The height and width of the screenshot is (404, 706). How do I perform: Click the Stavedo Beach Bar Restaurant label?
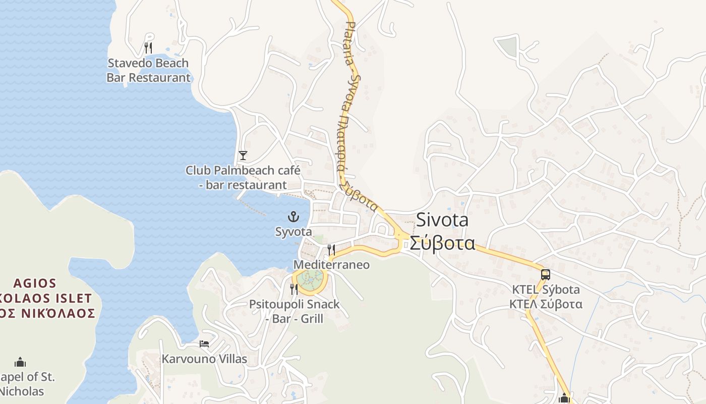pyautogui.click(x=149, y=70)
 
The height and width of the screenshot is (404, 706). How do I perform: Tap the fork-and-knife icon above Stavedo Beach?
pyautogui.click(x=148, y=48)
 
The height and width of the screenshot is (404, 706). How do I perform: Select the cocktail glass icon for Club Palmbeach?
pyautogui.click(x=243, y=155)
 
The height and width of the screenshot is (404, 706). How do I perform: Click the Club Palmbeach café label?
pyautogui.click(x=243, y=177)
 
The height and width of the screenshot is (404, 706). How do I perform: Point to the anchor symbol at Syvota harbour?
pyautogui.click(x=293, y=217)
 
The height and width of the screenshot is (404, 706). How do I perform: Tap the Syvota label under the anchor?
pyautogui.click(x=293, y=232)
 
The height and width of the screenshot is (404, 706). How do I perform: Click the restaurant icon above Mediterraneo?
pyautogui.click(x=331, y=249)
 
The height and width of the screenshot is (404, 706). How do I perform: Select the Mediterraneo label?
pyautogui.click(x=331, y=265)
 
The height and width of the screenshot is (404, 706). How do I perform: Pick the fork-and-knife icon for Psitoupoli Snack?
pyautogui.click(x=294, y=289)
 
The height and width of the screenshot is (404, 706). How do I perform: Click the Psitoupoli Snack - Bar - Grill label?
pyautogui.click(x=295, y=312)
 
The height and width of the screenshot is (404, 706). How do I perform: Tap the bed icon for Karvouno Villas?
pyautogui.click(x=204, y=344)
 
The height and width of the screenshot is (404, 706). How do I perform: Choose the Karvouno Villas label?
pyautogui.click(x=204, y=359)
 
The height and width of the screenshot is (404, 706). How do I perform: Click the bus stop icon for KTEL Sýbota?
pyautogui.click(x=545, y=275)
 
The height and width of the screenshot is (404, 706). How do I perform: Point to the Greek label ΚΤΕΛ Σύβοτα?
pyautogui.click(x=546, y=304)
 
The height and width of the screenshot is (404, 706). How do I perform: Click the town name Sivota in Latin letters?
pyautogui.click(x=442, y=220)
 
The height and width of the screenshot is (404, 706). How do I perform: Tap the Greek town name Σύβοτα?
pyautogui.click(x=442, y=243)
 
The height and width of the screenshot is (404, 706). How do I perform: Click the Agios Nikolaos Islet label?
pyautogui.click(x=48, y=297)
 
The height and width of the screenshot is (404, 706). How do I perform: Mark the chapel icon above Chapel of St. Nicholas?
pyautogui.click(x=20, y=362)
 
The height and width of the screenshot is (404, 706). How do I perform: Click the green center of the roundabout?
pyautogui.click(x=310, y=277)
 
